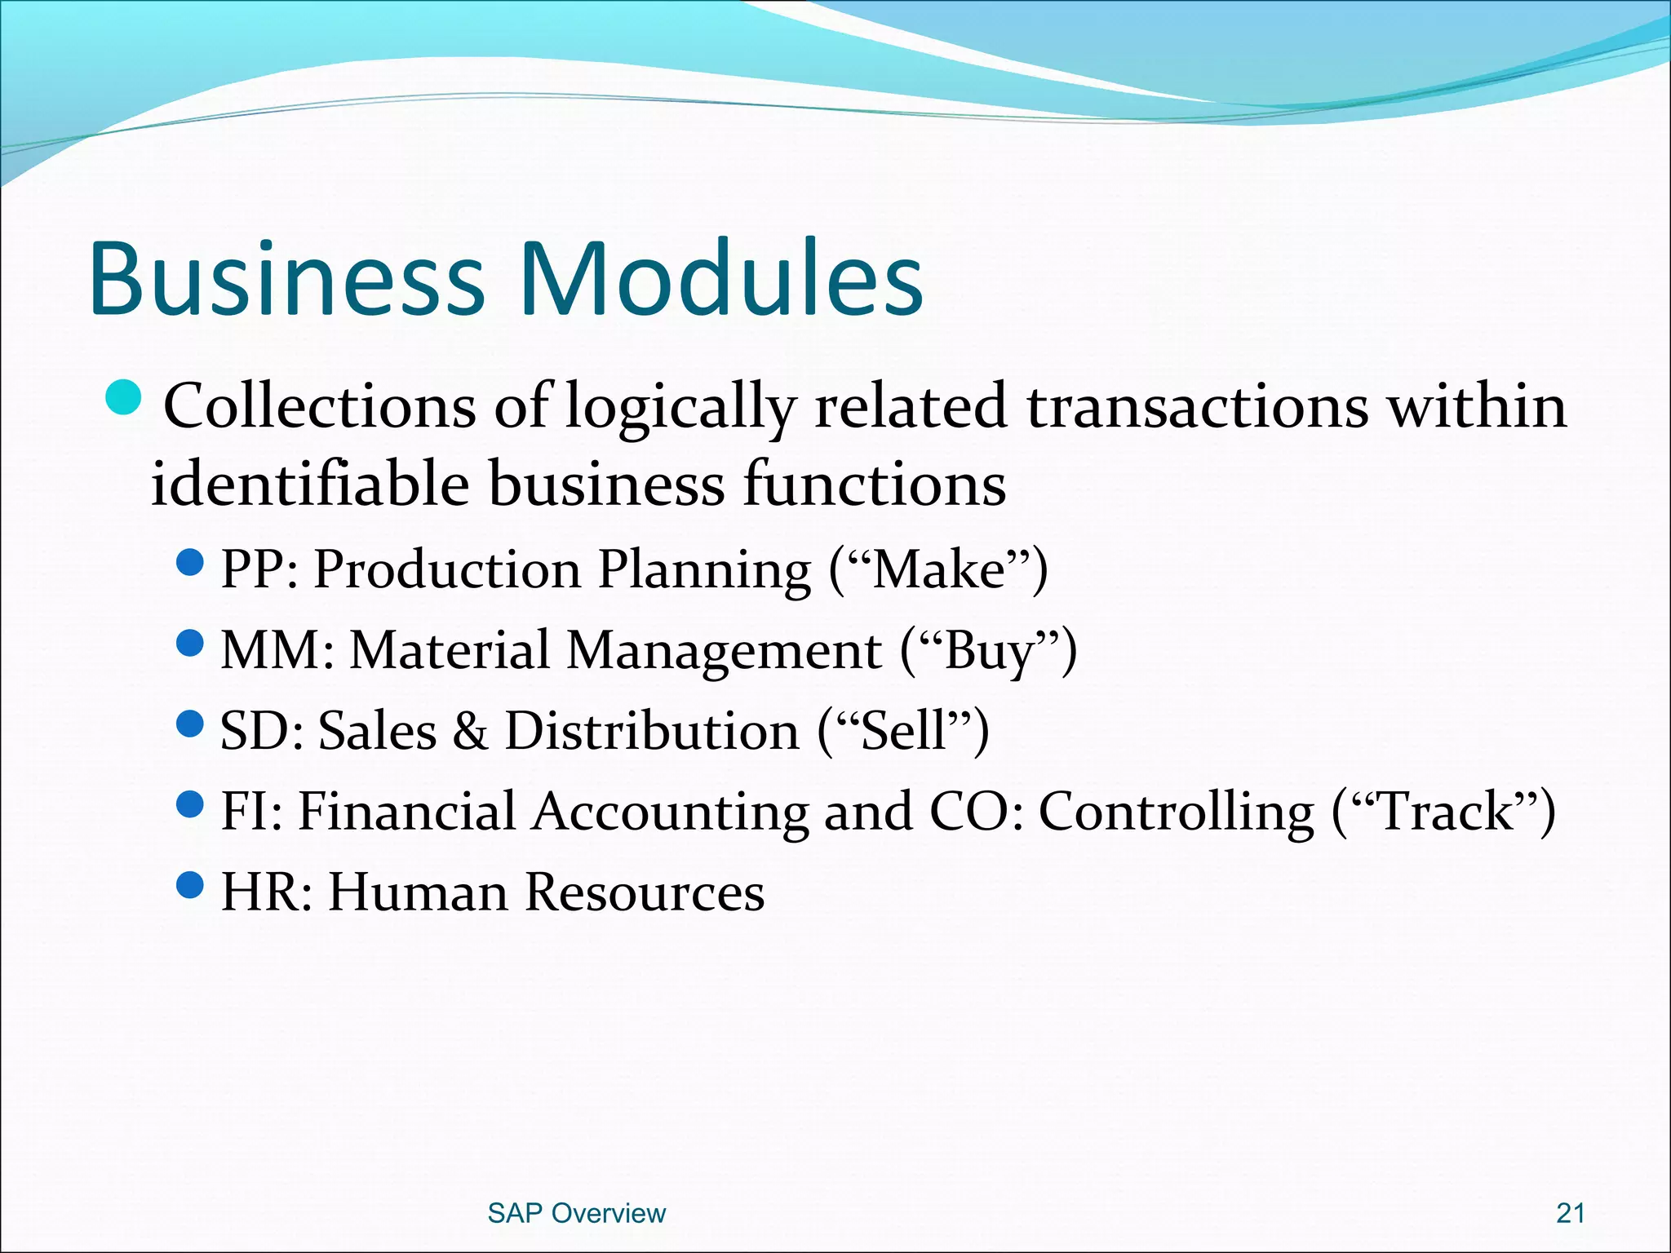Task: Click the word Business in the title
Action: pyautogui.click(x=286, y=279)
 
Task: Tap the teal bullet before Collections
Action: pyautogui.click(x=124, y=396)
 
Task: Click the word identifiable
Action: pyautogui.click(x=310, y=484)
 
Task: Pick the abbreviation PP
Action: pyautogui.click(x=251, y=569)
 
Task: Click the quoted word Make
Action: pyautogui.click(x=938, y=569)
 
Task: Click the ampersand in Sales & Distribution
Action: pyautogui.click(x=470, y=730)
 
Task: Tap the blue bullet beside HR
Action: pyautogui.click(x=189, y=884)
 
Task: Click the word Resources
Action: pyautogui.click(x=645, y=892)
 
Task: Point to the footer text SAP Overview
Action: pyautogui.click(x=576, y=1213)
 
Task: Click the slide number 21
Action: pyautogui.click(x=1570, y=1213)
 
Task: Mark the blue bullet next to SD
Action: pyautogui.click(x=189, y=723)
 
